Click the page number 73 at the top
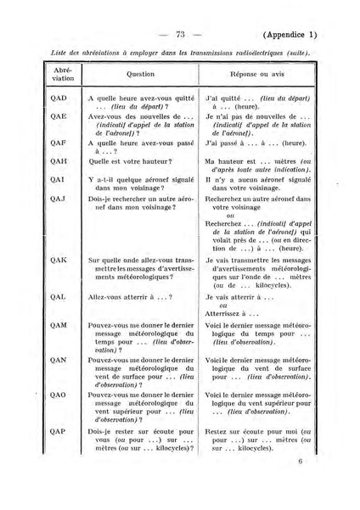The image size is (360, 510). (179, 35)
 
